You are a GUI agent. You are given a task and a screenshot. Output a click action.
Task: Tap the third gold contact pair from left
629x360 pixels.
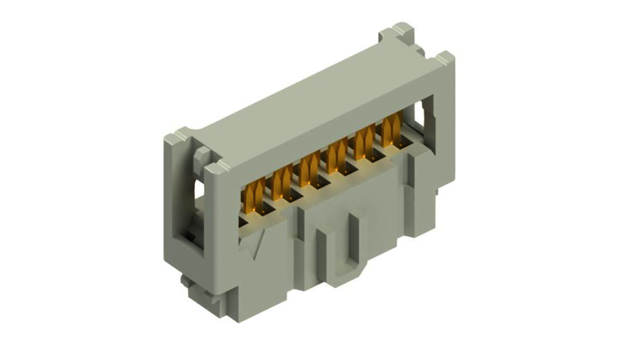(308, 171)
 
